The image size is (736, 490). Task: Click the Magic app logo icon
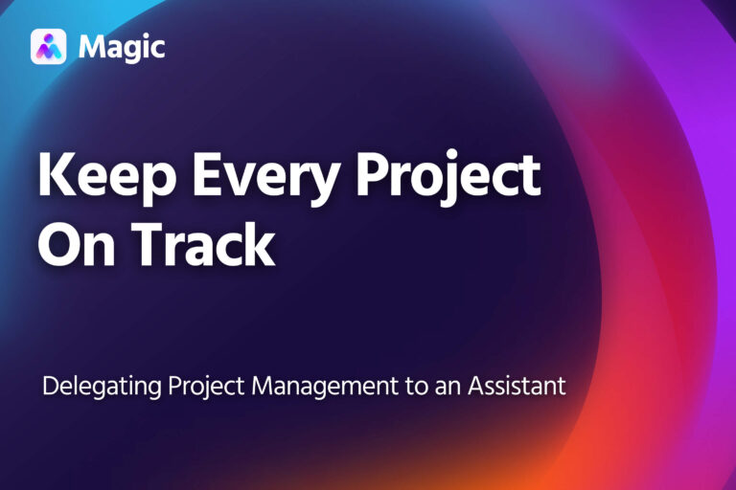tap(48, 47)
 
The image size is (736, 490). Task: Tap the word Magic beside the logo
tap(122, 47)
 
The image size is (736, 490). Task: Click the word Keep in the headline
tap(108, 175)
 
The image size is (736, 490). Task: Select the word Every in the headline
tap(266, 178)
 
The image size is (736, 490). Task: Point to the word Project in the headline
tap(448, 177)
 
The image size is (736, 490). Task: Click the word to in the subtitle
tap(416, 388)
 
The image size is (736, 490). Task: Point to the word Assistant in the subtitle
tap(517, 386)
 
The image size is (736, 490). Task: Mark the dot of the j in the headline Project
tap(452, 154)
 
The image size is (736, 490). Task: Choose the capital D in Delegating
tap(51, 386)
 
